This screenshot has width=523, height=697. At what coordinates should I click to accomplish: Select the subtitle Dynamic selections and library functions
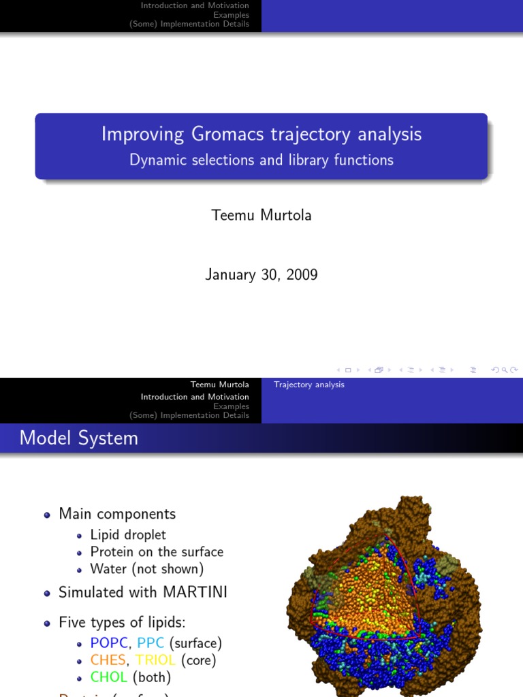[x=261, y=160]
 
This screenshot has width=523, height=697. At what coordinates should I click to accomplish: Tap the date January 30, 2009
[x=261, y=274]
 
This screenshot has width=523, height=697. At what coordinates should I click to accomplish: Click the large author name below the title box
[x=261, y=215]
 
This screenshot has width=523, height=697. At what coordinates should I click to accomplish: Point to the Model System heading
[x=79, y=438]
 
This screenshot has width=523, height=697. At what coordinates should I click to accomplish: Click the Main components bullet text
[x=117, y=514]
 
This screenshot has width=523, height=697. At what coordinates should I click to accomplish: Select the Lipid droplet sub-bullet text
[x=128, y=535]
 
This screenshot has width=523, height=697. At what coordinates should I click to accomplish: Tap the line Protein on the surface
[x=157, y=552]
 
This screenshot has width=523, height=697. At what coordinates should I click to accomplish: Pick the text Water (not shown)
[x=147, y=569]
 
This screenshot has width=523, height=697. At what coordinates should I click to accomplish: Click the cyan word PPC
[x=150, y=643]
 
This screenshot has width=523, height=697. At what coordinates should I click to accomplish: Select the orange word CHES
[x=108, y=660]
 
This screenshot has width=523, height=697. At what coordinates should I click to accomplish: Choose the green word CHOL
[x=109, y=677]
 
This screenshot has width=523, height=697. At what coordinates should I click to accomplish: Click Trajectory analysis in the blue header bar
[x=309, y=385]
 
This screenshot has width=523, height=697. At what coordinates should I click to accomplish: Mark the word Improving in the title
[x=133, y=134]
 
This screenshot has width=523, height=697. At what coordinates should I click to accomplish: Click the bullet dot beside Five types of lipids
[x=47, y=623]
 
